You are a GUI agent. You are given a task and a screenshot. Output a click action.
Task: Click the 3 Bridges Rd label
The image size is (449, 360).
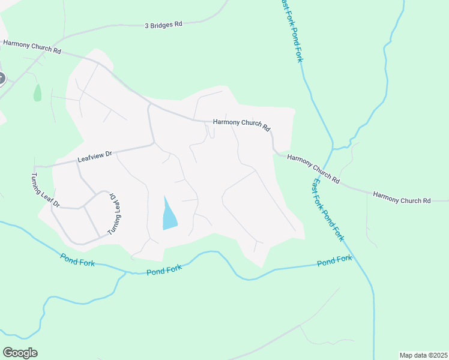(x=163, y=25)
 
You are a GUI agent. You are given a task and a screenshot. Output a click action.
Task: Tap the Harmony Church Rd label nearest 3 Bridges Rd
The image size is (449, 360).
(x=32, y=47)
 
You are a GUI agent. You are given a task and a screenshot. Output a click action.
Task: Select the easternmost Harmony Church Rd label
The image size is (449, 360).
(x=402, y=197)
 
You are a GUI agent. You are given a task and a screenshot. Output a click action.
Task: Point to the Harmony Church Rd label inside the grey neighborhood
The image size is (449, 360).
(x=242, y=124)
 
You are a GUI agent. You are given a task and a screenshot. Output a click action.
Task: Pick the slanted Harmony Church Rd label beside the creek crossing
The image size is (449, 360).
(x=313, y=169)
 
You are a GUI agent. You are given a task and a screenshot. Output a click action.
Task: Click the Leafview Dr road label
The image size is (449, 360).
(x=95, y=157)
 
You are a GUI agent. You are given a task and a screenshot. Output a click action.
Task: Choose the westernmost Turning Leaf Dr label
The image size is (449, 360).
(x=46, y=191)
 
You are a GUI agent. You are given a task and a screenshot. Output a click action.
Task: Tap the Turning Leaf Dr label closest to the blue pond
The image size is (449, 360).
(x=115, y=213)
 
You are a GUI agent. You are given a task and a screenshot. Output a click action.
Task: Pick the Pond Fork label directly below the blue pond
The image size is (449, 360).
(x=164, y=271)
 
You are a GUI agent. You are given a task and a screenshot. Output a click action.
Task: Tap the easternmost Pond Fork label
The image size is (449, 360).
(x=334, y=261)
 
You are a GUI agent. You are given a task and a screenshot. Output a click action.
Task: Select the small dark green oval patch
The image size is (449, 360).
(x=37, y=92)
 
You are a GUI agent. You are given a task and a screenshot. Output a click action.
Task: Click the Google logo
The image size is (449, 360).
(x=20, y=353)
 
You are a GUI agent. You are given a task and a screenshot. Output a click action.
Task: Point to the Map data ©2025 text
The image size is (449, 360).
(x=423, y=355)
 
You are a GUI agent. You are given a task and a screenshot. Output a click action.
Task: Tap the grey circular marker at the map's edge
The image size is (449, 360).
(x=1, y=78)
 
